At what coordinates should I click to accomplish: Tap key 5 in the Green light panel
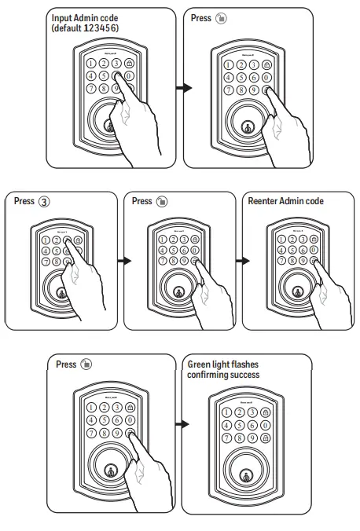[x=238, y=425]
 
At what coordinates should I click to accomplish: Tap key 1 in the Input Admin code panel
[x=92, y=63]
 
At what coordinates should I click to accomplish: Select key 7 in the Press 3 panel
[x=45, y=261]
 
